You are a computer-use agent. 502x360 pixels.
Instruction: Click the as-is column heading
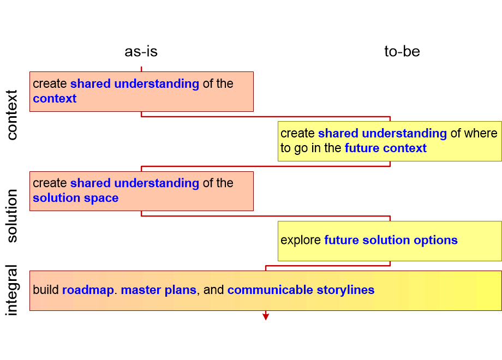[141, 52]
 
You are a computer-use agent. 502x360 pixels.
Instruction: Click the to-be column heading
[402, 52]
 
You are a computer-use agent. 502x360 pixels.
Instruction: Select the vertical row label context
[12, 115]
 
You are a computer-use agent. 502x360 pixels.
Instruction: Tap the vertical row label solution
[12, 216]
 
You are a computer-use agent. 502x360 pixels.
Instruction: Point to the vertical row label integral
[12, 290]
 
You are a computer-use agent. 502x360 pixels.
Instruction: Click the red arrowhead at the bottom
[266, 316]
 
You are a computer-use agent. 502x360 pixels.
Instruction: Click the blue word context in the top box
[55, 99]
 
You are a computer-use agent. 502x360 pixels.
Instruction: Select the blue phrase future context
[385, 148]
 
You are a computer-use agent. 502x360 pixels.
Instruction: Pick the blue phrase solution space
[75, 198]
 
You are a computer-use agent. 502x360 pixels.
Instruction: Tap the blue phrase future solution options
[391, 241]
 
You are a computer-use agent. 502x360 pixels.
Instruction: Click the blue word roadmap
[88, 290]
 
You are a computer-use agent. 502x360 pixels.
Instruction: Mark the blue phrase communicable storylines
[301, 290]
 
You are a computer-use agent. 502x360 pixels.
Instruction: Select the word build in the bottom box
[46, 290]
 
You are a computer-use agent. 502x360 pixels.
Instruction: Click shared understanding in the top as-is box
[134, 84]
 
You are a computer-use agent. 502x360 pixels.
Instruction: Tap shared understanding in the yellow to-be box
[382, 134]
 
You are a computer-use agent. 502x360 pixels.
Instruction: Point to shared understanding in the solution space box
[134, 183]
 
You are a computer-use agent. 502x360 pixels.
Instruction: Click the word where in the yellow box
[482, 134]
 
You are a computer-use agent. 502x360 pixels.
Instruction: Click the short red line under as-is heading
[141, 69]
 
